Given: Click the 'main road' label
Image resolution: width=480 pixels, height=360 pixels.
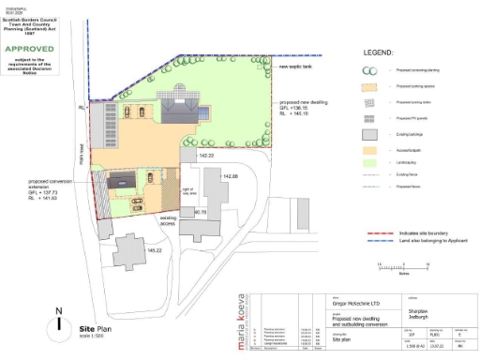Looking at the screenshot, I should click(x=83, y=149).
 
